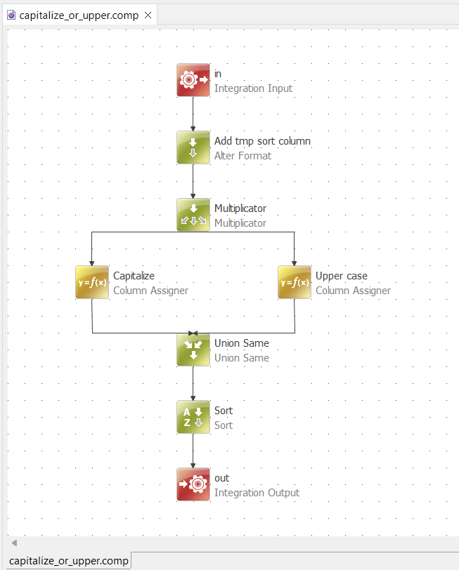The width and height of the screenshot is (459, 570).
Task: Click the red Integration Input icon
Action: pos(193,80)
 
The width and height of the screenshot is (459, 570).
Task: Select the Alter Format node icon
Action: pos(193,147)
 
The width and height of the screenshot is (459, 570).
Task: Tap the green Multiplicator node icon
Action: pos(193,215)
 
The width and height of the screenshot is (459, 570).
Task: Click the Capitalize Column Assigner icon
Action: pos(92,282)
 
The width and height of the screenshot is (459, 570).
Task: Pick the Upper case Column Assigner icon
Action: pos(295,282)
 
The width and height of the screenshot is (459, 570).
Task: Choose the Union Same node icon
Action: pos(193,350)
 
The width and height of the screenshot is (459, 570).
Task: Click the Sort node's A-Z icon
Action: pos(193,417)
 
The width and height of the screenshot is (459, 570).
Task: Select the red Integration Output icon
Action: pos(193,484)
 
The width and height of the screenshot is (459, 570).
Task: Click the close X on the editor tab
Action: pos(148,15)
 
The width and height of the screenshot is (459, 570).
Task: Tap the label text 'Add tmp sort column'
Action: pos(262,141)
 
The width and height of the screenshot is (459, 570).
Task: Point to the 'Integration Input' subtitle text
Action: pos(253,88)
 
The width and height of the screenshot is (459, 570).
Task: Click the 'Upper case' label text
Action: pos(341,276)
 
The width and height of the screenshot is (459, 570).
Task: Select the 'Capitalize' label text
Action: pos(134,276)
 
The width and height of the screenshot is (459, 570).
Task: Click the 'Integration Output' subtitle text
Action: pos(257,493)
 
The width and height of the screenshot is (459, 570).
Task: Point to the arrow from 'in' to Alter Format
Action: pos(193,114)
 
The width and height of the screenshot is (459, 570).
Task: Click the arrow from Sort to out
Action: pos(193,451)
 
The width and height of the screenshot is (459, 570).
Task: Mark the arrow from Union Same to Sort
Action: pos(193,383)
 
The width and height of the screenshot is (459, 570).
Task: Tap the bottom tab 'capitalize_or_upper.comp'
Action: pos(68,561)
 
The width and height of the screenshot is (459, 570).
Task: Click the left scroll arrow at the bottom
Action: pos(13,543)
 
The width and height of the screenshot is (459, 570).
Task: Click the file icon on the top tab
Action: pos(11,15)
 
